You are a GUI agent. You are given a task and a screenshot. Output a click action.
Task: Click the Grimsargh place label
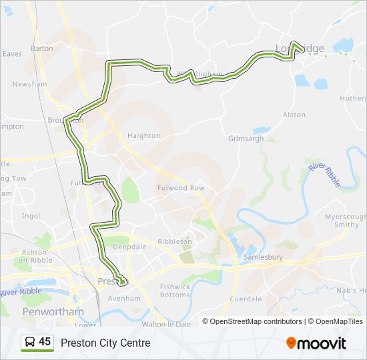246,139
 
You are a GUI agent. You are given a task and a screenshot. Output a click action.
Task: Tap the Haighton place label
143,135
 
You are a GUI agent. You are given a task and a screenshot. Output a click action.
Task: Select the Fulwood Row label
180,188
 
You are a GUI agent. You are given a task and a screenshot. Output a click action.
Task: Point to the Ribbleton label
175,241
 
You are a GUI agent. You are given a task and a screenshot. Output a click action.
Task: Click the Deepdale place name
129,247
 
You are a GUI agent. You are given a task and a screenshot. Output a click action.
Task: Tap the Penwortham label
53,311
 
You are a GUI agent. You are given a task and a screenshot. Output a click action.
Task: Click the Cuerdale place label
245,299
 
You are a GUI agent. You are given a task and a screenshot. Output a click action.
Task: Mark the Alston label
294,115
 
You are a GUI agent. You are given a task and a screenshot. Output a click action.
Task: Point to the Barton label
41,49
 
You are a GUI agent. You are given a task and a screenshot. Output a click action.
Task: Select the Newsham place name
29,85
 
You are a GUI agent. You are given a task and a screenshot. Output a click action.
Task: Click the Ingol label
31,216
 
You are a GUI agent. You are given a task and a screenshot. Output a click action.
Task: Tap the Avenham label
124,298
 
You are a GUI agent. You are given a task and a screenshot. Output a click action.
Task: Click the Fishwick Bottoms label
175,291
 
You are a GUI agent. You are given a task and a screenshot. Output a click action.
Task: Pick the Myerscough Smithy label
346,221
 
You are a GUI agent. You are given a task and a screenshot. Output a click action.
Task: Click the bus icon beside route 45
29,342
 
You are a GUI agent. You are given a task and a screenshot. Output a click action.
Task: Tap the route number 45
45,342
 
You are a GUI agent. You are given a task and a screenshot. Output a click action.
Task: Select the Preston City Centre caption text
105,343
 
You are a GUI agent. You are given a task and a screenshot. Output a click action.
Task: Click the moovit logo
316,343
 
